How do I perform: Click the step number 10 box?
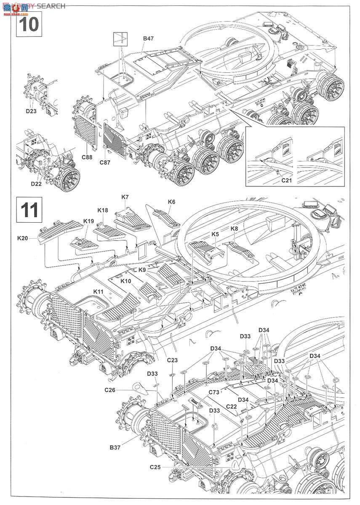pyautogui.click(x=29, y=24)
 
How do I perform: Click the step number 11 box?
pyautogui.click(x=29, y=209)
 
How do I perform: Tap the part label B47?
pyautogui.click(x=148, y=38)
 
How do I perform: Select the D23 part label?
pyautogui.click(x=31, y=112)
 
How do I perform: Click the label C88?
pyautogui.click(x=88, y=157)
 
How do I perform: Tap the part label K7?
pyautogui.click(x=125, y=197)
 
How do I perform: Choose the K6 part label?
pyautogui.click(x=171, y=202)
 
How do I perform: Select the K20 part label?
pyautogui.click(x=23, y=239)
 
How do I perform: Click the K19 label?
pyautogui.click(x=88, y=221)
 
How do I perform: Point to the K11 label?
pyautogui.click(x=99, y=291)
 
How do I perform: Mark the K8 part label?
pyautogui.click(x=235, y=229)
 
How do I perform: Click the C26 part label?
pyautogui.click(x=110, y=389)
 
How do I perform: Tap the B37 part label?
pyautogui.click(x=115, y=447)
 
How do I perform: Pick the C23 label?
pyautogui.click(x=172, y=360)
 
